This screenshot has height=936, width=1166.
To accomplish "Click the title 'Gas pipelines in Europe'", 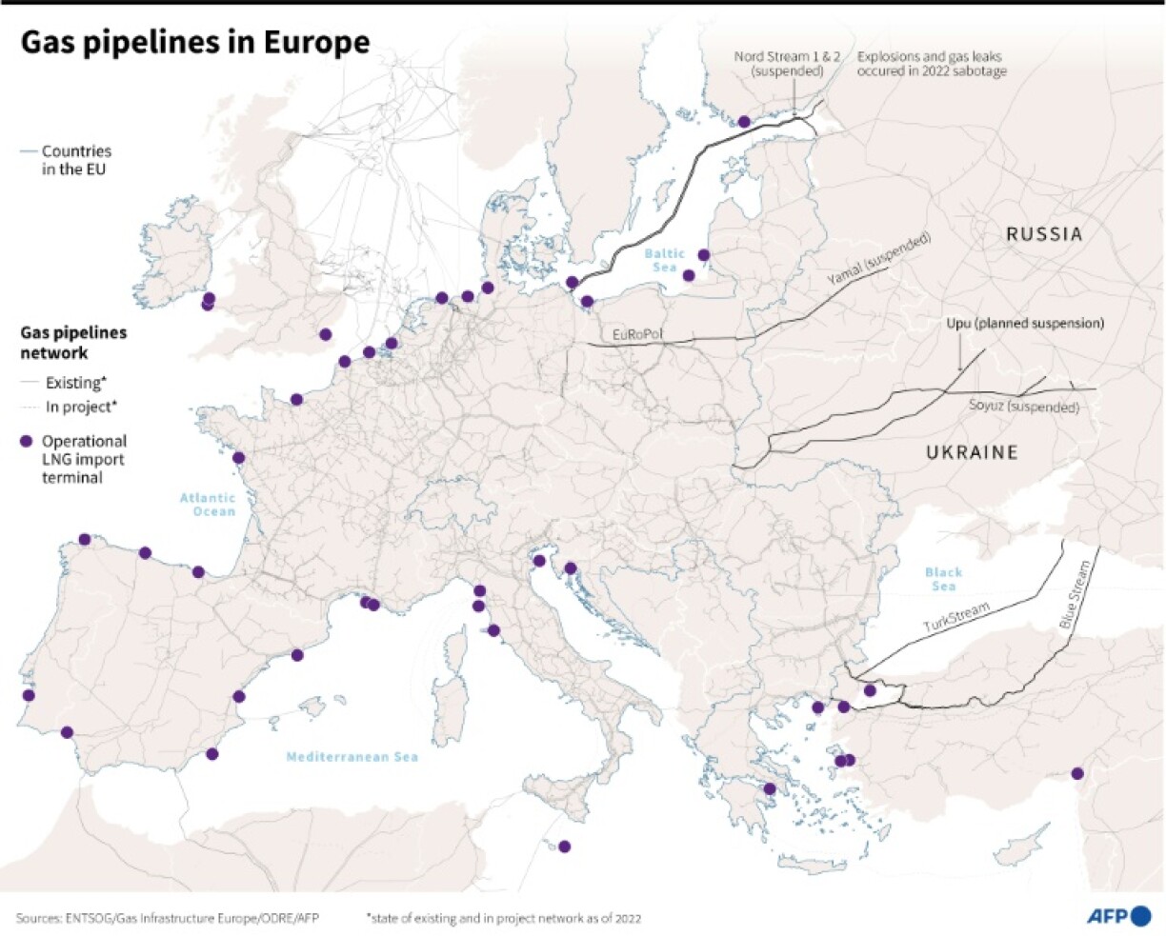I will (x=194, y=43).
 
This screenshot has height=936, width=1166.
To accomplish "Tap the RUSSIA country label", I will (x=1044, y=234).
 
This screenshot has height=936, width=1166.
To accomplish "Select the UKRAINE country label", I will (x=972, y=452).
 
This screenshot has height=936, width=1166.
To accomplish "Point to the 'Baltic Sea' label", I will (x=664, y=260).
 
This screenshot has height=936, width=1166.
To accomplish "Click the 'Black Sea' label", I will (x=943, y=579).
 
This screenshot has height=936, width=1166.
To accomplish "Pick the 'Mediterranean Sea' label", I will (x=352, y=757).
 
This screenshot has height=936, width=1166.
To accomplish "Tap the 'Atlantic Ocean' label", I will (x=208, y=505).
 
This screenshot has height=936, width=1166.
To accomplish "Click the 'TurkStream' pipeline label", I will (x=955, y=618).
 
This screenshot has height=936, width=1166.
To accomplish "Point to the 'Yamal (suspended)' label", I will (x=877, y=260).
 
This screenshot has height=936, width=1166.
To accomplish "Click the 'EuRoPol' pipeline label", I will (x=637, y=335).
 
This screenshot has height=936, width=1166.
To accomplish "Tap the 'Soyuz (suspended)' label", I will (x=1023, y=407).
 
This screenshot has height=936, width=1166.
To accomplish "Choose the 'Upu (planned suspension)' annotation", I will (x=1025, y=324).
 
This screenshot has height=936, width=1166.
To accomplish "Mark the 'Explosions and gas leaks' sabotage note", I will (x=931, y=64).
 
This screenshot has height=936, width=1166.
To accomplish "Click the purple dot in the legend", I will (x=26, y=441).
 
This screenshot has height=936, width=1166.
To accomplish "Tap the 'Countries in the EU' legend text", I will (x=75, y=160).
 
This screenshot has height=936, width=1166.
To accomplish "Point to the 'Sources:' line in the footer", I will (x=167, y=918).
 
